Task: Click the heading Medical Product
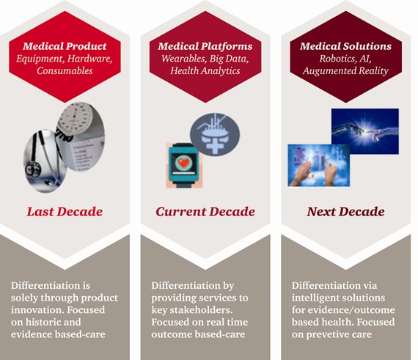tap(65, 46)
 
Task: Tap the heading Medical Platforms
tap(205, 46)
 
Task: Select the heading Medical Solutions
tap(345, 46)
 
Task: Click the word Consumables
tap(65, 70)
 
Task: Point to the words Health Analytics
tap(205, 70)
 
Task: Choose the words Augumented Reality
tap(345, 71)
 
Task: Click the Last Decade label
tap(65, 212)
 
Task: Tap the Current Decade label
tap(205, 212)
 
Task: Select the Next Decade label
tap(345, 212)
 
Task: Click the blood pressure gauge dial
tap(75, 118)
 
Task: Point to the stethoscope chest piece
tap(33, 169)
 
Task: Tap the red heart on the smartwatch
tap(183, 162)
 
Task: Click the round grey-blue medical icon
tap(215, 134)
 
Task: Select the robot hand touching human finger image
tap(365, 131)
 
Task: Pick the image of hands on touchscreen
tap(318, 165)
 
